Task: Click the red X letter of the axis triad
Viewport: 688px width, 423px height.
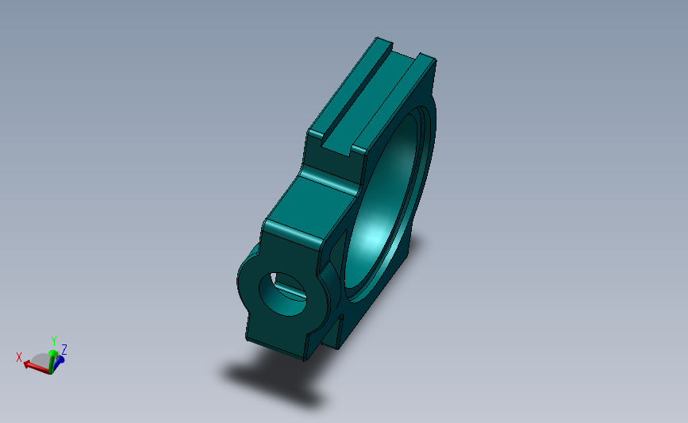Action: point(19,356)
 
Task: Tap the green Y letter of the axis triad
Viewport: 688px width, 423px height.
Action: point(53,341)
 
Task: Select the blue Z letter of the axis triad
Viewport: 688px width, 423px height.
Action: point(63,349)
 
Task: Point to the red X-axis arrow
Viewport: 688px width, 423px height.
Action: point(34,365)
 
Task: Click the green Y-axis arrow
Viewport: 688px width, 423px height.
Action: point(52,357)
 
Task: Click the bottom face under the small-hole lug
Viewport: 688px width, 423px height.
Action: point(278,346)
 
